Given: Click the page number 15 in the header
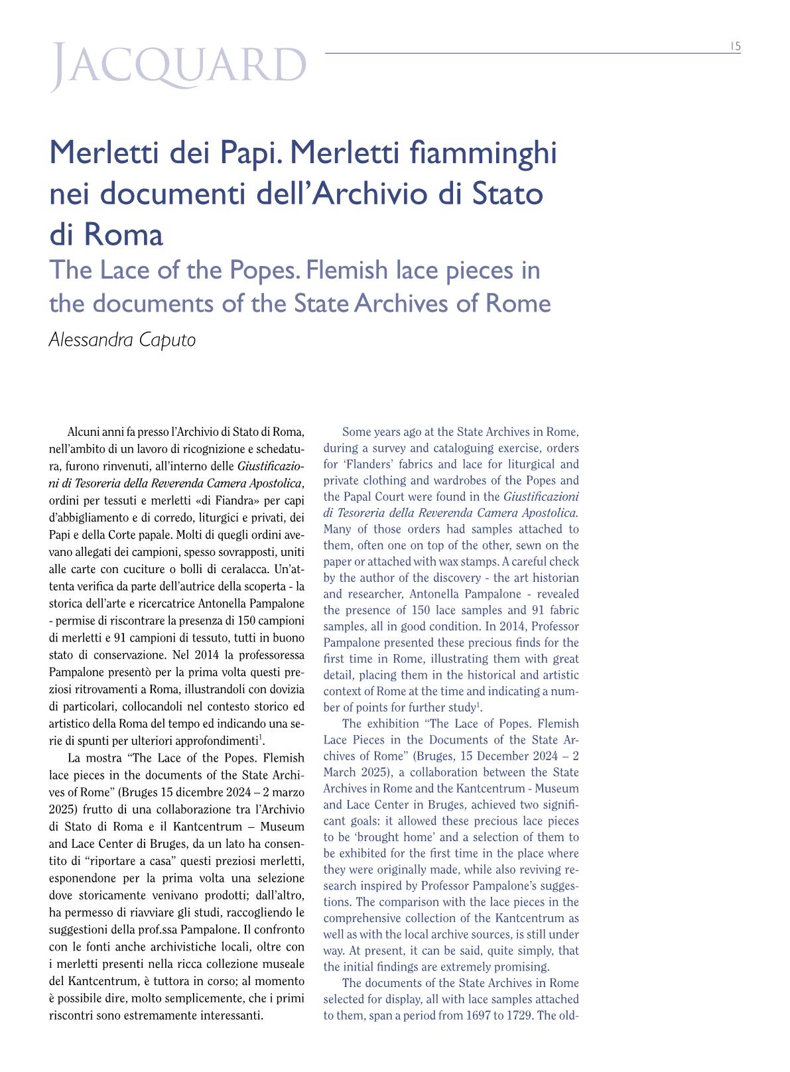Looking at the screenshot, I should pyautogui.click(x=735, y=46).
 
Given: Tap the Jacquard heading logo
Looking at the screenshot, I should pyautogui.click(x=179, y=66).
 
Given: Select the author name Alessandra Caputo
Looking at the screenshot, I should pyautogui.click(x=123, y=340).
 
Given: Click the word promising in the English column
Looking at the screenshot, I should pyautogui.click(x=524, y=967).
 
